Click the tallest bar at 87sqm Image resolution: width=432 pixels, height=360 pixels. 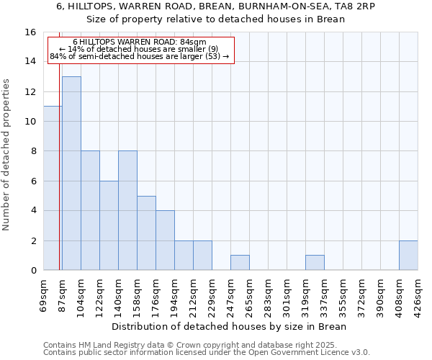pyautogui.click(x=71, y=173)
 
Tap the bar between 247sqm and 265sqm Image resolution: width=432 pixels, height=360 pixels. pyautogui.click(x=240, y=263)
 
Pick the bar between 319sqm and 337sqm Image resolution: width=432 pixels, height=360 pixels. pyautogui.click(x=315, y=263)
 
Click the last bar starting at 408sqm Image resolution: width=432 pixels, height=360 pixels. pyautogui.click(x=408, y=256)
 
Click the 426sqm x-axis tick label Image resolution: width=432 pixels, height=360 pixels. pyautogui.click(x=418, y=295)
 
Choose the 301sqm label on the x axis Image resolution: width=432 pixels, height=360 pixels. pyautogui.click(x=287, y=295)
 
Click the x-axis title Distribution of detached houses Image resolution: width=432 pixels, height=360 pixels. pyautogui.click(x=230, y=326)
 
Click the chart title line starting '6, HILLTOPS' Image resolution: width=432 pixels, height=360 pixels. pyautogui.click(x=215, y=6)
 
